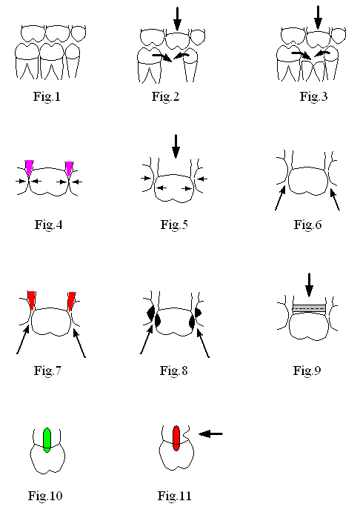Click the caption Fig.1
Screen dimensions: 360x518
pyautogui.click(x=47, y=96)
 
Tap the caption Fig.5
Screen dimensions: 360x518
pyautogui.click(x=174, y=225)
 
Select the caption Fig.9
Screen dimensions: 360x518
pyautogui.click(x=307, y=371)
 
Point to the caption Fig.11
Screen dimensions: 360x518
pyautogui.click(x=174, y=496)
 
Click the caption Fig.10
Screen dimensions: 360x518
pyautogui.click(x=45, y=496)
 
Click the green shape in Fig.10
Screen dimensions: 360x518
pyautogui.click(x=47, y=440)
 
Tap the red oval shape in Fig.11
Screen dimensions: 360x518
pyautogui.click(x=176, y=438)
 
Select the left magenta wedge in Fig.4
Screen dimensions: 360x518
pyautogui.click(x=30, y=167)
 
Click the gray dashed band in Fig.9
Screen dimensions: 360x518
pyautogui.click(x=309, y=308)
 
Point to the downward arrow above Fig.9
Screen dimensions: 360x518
pyautogui.click(x=309, y=285)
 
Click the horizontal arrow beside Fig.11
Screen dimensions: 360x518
pyautogui.click(x=210, y=434)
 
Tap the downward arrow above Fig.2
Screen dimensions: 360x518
pyautogui.click(x=177, y=19)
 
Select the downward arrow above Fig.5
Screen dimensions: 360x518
pyautogui.click(x=176, y=146)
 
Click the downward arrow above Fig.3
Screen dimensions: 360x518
pyautogui.click(x=318, y=17)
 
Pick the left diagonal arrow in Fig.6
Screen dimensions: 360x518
pyautogui.click(x=280, y=198)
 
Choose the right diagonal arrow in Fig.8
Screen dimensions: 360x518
pyautogui.click(x=203, y=343)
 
